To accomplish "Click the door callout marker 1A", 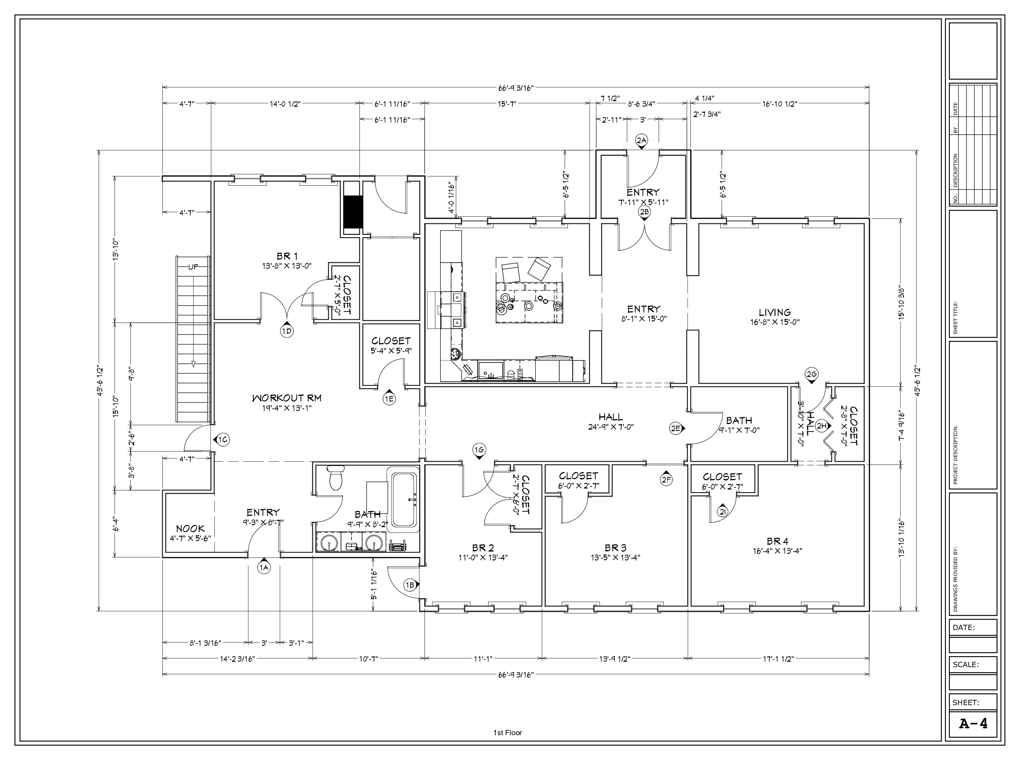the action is tap(264, 567).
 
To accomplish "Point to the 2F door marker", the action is tap(666, 479).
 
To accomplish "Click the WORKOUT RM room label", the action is tap(287, 398).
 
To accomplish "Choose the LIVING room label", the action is tap(775, 312).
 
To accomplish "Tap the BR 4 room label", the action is tap(777, 541).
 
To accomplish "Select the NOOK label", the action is tap(190, 529).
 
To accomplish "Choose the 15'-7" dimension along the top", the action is tap(507, 104).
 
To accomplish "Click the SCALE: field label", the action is tap(965, 664).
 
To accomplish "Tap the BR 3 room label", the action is tap(615, 547).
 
